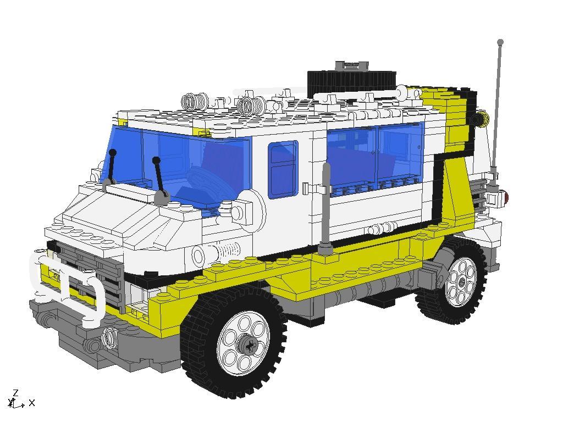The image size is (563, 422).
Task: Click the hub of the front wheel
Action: pyautogui.click(x=248, y=345)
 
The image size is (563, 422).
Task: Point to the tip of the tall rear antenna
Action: pyautogui.click(x=500, y=42)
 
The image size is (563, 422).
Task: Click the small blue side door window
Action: pyautogui.click(x=283, y=169)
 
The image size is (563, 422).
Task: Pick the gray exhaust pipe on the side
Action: pyautogui.click(x=325, y=209)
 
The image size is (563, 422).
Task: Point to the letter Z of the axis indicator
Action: pyautogui.click(x=15, y=393)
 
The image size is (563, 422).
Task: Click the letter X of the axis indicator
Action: pyautogui.click(x=32, y=403)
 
